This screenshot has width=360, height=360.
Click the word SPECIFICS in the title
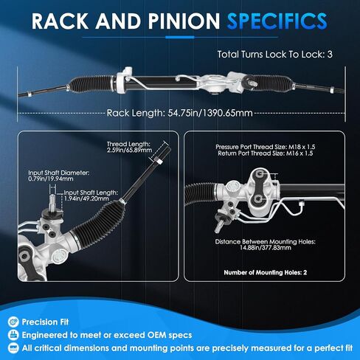(x=277, y=21)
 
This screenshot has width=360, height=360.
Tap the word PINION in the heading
(x=184, y=21)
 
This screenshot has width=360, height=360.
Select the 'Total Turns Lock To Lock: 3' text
(x=275, y=55)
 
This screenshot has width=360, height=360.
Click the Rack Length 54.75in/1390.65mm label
(x=180, y=113)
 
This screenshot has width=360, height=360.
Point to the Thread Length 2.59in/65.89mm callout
(x=129, y=147)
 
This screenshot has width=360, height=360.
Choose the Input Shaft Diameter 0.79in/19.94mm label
(x=59, y=176)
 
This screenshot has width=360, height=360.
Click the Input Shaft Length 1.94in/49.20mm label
(x=91, y=195)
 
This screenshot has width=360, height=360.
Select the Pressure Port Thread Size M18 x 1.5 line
(x=266, y=147)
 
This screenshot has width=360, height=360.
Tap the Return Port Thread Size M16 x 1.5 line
(x=266, y=153)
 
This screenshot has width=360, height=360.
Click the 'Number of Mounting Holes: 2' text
(x=266, y=272)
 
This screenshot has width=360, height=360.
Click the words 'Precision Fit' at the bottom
(x=45, y=322)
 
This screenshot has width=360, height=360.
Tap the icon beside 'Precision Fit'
(x=13, y=322)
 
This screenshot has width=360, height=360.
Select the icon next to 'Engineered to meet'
(x=13, y=335)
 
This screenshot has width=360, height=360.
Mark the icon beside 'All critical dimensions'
(x=13, y=348)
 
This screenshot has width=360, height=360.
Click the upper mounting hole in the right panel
(x=260, y=174)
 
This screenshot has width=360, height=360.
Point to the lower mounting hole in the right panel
(x=257, y=199)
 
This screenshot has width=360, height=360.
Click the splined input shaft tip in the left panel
(x=53, y=201)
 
